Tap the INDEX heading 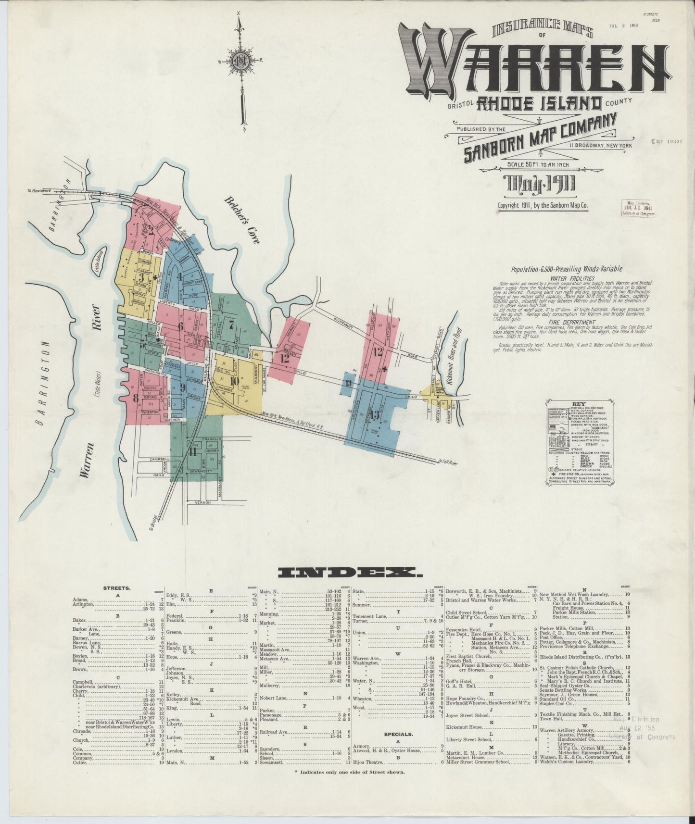[x=349, y=572]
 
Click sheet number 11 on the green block [x=192, y=452]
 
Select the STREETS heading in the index [x=116, y=587]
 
